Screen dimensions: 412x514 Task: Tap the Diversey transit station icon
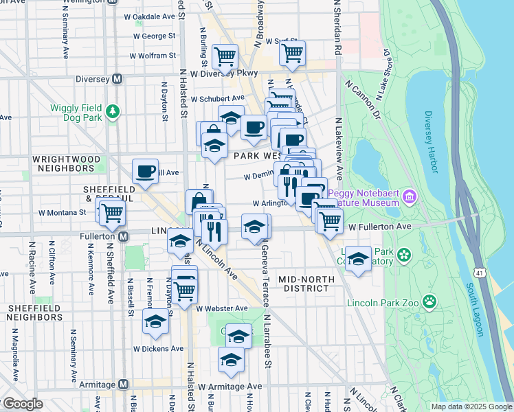tap(117, 79)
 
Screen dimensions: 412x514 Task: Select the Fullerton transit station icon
tap(124, 236)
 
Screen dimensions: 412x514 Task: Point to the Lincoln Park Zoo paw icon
tap(429, 301)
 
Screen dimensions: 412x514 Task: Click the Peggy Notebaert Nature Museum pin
tap(410, 197)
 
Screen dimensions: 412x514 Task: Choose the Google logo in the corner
tap(22, 404)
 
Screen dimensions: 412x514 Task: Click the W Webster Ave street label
tap(221, 308)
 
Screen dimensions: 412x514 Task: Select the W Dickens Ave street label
tap(158, 349)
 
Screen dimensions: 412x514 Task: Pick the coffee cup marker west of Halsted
tap(146, 171)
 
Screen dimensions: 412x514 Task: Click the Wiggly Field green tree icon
tap(113, 110)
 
